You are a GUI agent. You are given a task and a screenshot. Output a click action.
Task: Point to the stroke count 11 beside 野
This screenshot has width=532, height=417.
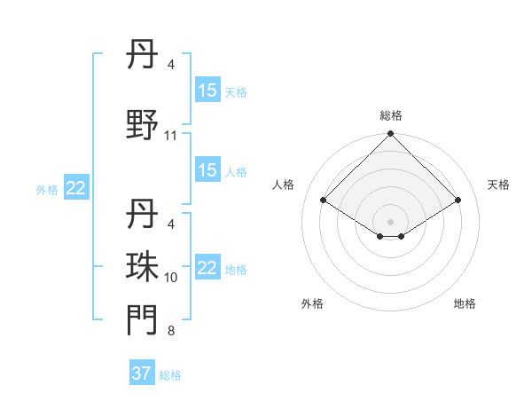171,136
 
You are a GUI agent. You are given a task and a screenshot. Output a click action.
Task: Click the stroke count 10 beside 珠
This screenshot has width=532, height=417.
171,278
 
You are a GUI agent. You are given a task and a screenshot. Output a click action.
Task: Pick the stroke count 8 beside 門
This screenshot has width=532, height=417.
171,332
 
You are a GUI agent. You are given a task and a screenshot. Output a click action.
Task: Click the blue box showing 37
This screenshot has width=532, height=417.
142,374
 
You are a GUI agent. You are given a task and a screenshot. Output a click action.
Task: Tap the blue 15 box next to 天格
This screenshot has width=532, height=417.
207,90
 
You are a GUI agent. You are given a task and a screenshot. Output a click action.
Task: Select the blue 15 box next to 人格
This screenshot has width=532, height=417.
207,170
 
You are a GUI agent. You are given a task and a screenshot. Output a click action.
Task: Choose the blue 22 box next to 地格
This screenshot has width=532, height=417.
207,269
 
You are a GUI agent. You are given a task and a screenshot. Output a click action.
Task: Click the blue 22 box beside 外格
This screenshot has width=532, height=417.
76,188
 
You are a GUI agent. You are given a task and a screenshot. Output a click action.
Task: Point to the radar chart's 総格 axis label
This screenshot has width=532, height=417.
391,115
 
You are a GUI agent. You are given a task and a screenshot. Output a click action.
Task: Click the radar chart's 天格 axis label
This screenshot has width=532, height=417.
498,185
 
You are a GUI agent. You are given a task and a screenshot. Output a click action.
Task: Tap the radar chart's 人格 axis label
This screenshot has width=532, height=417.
284,185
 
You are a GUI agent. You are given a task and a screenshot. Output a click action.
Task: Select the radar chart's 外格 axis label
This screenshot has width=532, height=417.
312,303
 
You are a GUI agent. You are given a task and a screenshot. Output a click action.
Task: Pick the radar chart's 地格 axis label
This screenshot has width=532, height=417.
465,303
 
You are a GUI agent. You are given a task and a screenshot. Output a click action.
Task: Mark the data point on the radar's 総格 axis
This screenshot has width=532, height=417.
391,134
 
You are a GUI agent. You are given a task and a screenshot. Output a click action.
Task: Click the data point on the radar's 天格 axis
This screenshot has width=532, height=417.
458,200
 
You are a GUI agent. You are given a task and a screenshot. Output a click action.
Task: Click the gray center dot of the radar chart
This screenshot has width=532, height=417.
391,221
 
